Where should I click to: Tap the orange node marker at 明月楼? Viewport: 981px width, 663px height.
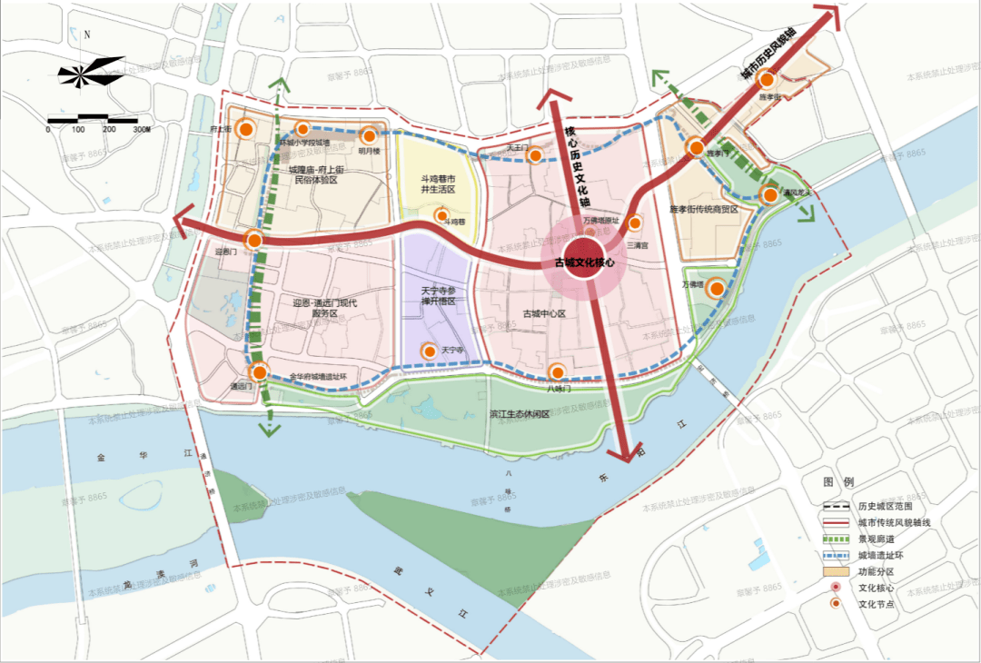click(370, 134)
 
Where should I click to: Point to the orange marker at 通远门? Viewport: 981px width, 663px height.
click(260, 371)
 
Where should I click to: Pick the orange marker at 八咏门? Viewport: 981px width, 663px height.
click(558, 371)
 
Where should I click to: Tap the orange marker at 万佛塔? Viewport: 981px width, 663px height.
click(717, 289)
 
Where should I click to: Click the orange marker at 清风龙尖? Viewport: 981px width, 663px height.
click(770, 194)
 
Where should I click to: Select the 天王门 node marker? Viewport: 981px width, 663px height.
click(537, 156)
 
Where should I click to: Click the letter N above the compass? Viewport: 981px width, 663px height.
click(87, 35)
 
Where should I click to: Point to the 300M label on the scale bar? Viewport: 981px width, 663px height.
click(140, 130)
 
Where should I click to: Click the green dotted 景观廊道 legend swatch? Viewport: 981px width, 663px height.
click(837, 539)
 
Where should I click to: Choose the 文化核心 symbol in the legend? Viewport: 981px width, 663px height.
click(837, 588)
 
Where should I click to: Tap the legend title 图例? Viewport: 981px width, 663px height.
click(836, 481)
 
